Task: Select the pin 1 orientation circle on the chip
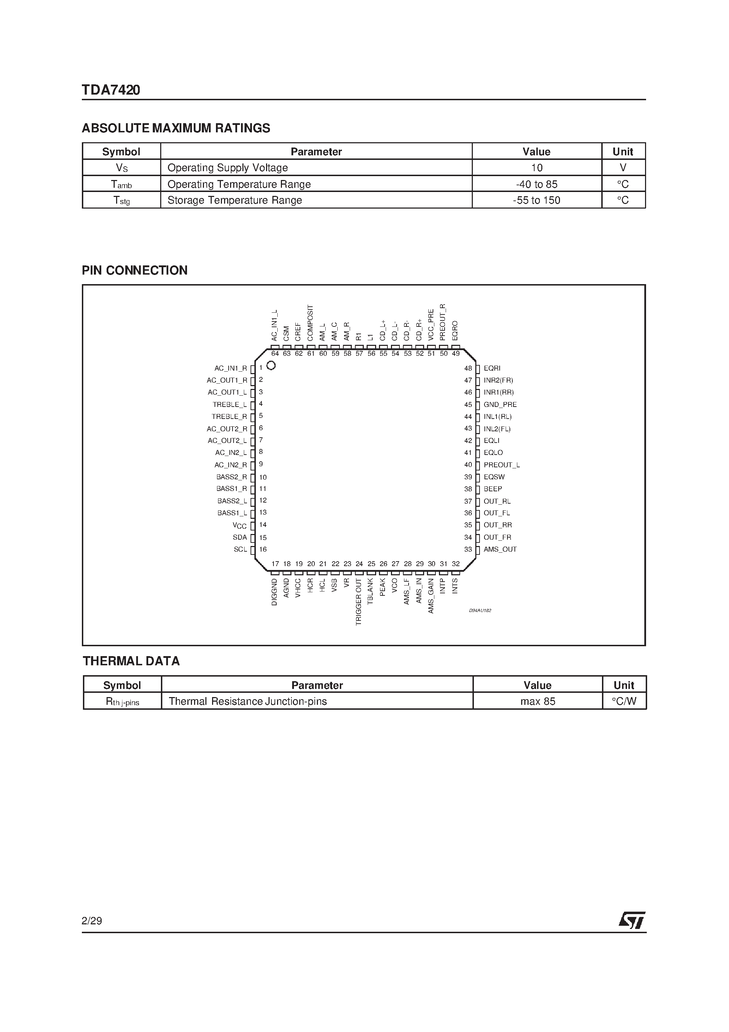pyautogui.click(x=271, y=365)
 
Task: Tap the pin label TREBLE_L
pyautogui.click(x=230, y=404)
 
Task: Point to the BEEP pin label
pyautogui.click(x=493, y=489)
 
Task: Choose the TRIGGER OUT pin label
pyautogui.click(x=359, y=602)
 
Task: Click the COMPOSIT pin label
pyautogui.click(x=310, y=322)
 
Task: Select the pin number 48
pyautogui.click(x=468, y=368)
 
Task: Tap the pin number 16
pyautogui.click(x=263, y=549)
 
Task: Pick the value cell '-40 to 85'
pyautogui.click(x=537, y=184)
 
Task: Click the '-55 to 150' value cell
pyautogui.click(x=537, y=200)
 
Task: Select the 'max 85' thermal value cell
pyautogui.click(x=537, y=702)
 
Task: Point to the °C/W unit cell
pyautogui.click(x=624, y=702)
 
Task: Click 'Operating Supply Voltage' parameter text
pyautogui.click(x=228, y=168)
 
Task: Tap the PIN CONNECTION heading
pyautogui.click(x=134, y=271)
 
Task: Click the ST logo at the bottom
pyautogui.click(x=632, y=920)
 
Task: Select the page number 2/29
pyautogui.click(x=92, y=921)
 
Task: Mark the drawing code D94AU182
pyautogui.click(x=480, y=611)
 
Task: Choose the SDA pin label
pyautogui.click(x=240, y=538)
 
